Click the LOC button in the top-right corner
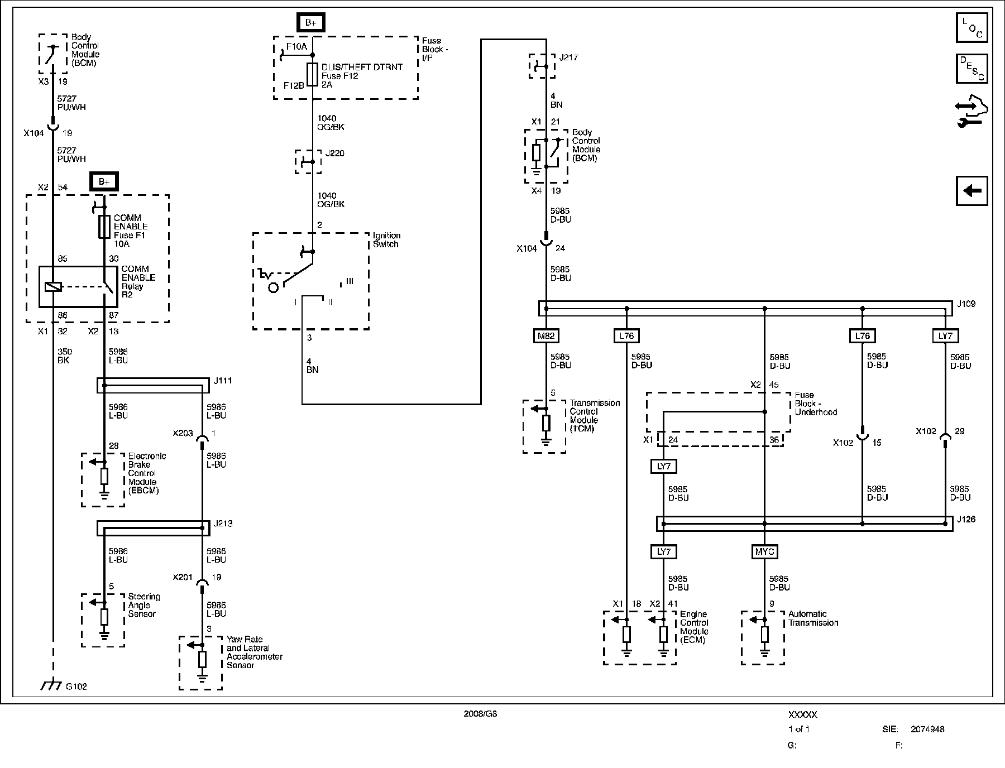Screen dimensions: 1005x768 coord(971,28)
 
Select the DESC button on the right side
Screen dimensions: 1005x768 coord(971,69)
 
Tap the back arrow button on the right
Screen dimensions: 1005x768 coord(971,191)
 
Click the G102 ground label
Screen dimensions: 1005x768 coord(76,687)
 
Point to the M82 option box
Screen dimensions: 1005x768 coord(546,335)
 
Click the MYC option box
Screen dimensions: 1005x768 coord(764,551)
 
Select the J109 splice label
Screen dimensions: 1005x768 coord(966,304)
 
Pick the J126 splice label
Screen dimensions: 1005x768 coord(966,519)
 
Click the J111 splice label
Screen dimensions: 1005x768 coord(223,381)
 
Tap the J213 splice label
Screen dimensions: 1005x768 coord(223,524)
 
